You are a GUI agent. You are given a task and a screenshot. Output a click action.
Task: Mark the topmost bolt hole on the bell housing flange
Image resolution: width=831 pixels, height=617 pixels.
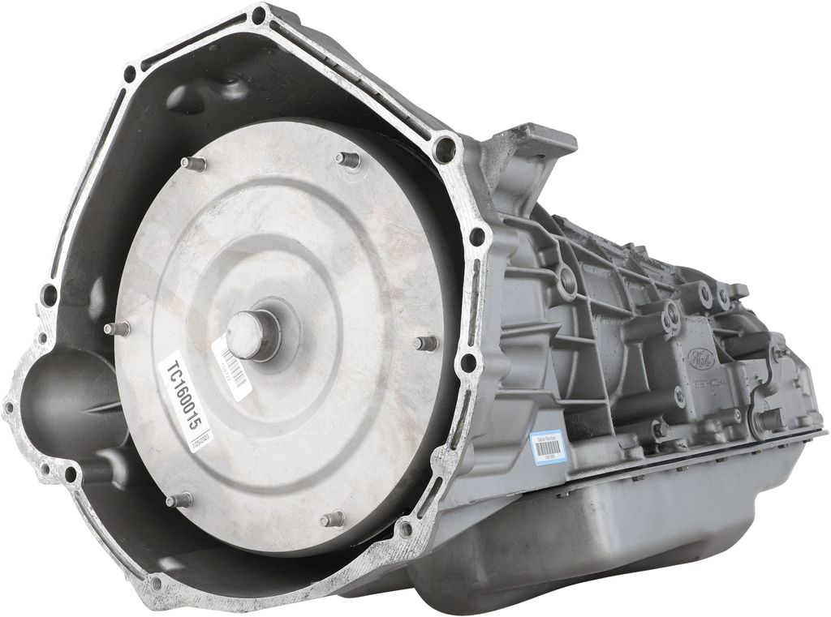pyautogui.click(x=258, y=15)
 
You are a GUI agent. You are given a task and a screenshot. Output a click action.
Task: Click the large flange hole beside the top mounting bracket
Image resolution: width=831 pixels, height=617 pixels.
pyautogui.click(x=445, y=149)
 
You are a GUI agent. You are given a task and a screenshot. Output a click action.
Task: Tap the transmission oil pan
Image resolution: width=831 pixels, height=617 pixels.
pyautogui.click(x=617, y=527)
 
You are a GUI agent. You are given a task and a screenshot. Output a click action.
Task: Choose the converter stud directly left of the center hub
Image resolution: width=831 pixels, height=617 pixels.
pyautogui.click(x=118, y=328)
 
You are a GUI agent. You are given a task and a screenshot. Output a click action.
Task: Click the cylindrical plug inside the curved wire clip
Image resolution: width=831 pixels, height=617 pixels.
pyautogui.click(x=768, y=420)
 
